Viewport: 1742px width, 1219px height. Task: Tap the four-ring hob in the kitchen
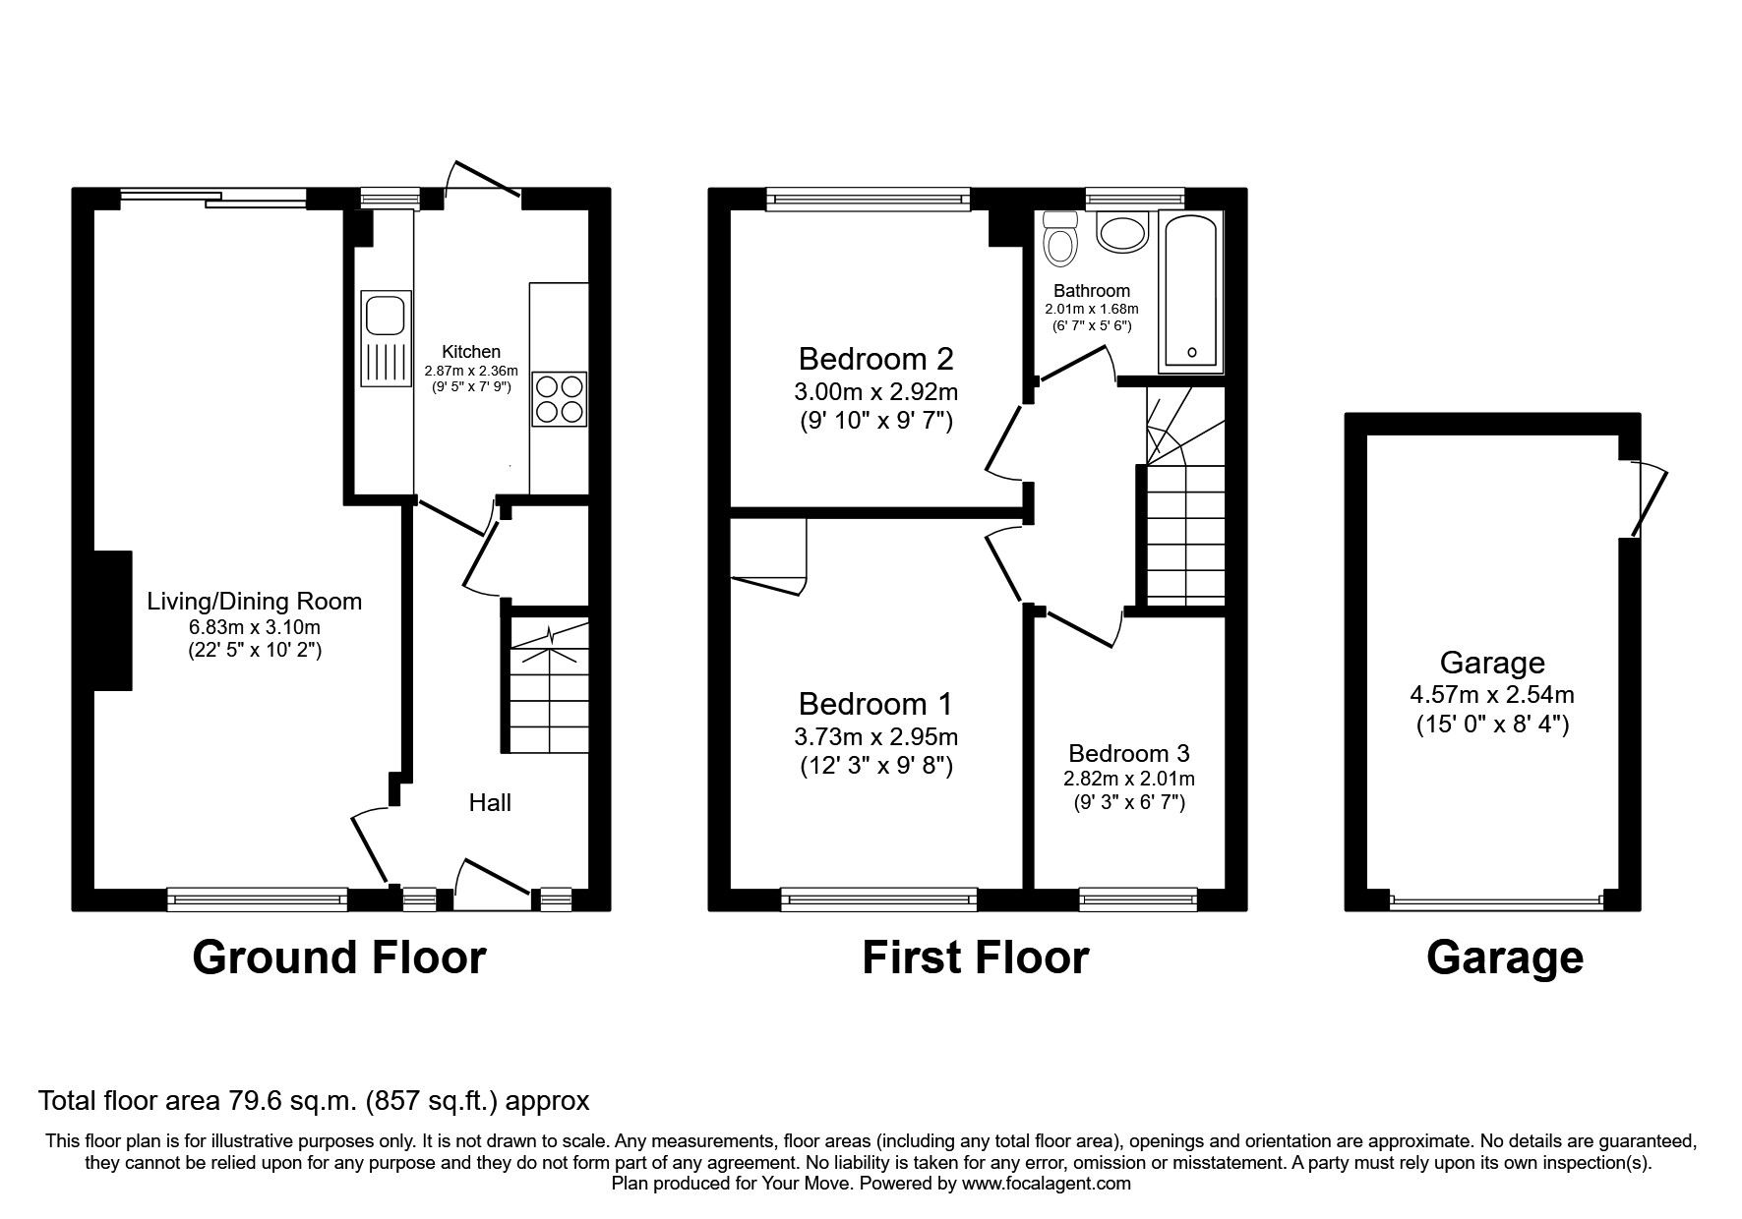[559, 399]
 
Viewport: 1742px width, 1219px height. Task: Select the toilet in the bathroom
[1060, 239]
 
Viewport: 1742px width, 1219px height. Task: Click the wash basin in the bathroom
[1122, 233]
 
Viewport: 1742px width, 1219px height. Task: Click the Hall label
[490, 803]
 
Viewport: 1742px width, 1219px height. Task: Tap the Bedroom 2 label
[875, 358]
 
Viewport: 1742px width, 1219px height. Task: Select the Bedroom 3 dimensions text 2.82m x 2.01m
[1128, 779]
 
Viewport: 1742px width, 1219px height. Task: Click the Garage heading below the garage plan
[1504, 957]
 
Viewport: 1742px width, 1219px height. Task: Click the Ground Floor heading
[338, 957]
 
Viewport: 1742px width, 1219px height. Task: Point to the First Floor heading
[975, 957]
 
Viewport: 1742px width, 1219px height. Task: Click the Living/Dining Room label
[254, 602]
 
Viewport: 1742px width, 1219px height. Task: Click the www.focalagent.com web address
[1047, 1184]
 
